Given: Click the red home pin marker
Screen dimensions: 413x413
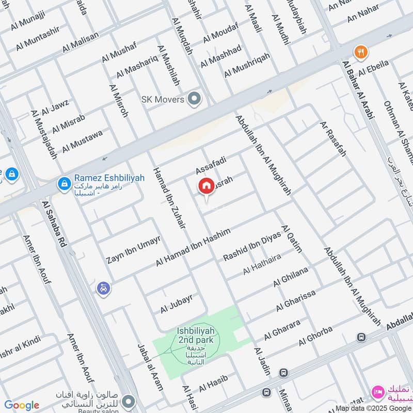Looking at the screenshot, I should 206,186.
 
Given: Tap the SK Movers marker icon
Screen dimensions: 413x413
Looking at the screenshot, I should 194,98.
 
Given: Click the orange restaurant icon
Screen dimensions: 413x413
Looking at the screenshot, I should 360,52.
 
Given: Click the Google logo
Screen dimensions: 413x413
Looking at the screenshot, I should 22,405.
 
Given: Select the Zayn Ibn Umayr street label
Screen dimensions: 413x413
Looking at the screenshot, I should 134,249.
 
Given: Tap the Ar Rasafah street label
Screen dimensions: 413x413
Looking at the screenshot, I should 333,139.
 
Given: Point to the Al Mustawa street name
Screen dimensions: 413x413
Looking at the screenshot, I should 83,141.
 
